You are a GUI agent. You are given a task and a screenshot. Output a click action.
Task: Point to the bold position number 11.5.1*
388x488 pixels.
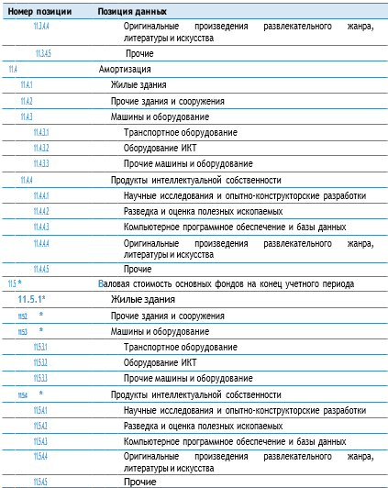tap(32, 300)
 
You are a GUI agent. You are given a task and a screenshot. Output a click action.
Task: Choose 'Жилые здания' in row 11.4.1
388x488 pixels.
tap(139, 85)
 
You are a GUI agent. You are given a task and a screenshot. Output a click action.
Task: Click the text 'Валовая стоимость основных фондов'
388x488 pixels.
tap(172, 284)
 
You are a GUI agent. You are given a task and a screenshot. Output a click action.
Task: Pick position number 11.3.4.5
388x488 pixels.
tap(44, 54)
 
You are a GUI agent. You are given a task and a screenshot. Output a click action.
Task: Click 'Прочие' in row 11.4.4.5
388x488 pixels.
tap(139, 269)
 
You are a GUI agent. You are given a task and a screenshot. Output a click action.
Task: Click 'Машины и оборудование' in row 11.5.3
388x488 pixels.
tap(160, 331)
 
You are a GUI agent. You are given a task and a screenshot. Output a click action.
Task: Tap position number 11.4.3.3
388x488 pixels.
tap(40, 163)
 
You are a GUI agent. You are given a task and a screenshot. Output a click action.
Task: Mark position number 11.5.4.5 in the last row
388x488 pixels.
tap(40, 482)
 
